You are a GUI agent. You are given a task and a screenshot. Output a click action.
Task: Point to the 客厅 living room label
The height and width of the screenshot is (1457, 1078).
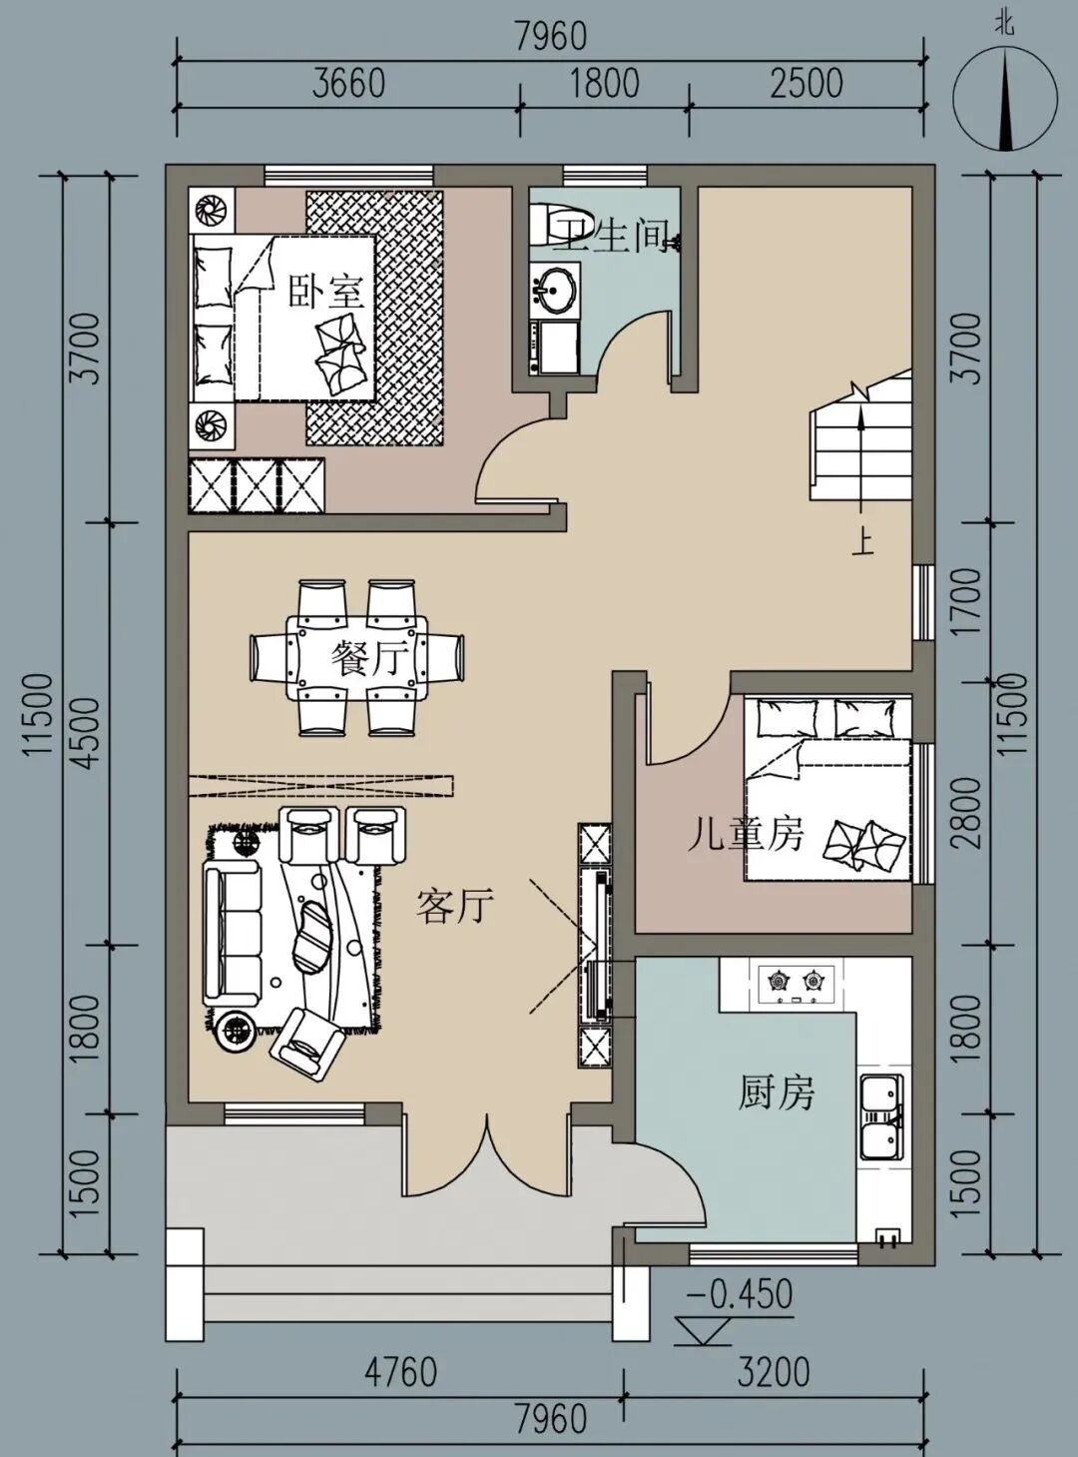(x=454, y=906)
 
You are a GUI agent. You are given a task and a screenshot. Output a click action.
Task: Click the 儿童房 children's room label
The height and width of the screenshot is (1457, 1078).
(x=745, y=836)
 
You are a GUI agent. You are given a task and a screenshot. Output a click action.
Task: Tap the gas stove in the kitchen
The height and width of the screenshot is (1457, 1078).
(x=797, y=984)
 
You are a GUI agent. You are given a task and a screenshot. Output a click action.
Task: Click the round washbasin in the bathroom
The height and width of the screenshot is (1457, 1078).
(x=555, y=289)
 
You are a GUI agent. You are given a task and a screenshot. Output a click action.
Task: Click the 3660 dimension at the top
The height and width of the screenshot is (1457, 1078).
(x=348, y=84)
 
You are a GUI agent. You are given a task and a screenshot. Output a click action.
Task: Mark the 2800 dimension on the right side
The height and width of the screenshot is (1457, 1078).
(x=969, y=813)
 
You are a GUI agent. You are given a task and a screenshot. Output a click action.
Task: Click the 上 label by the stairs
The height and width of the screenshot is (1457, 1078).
(x=863, y=542)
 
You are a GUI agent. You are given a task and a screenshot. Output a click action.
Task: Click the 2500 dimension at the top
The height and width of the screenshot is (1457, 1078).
(x=807, y=84)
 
